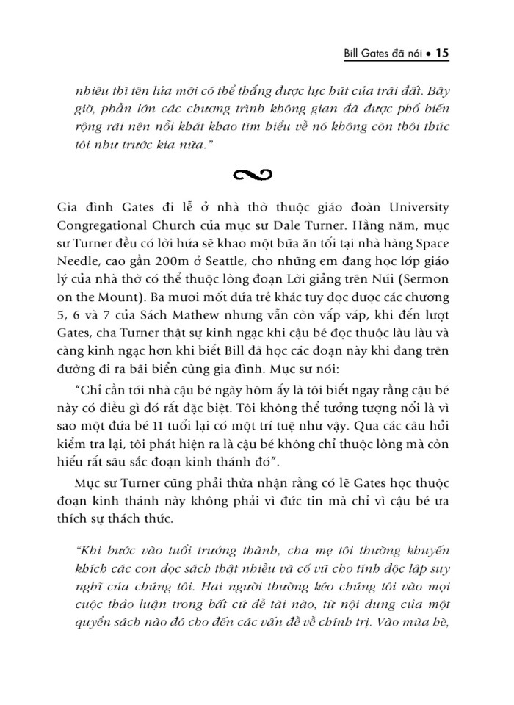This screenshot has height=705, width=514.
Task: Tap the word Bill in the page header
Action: point(344,53)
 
